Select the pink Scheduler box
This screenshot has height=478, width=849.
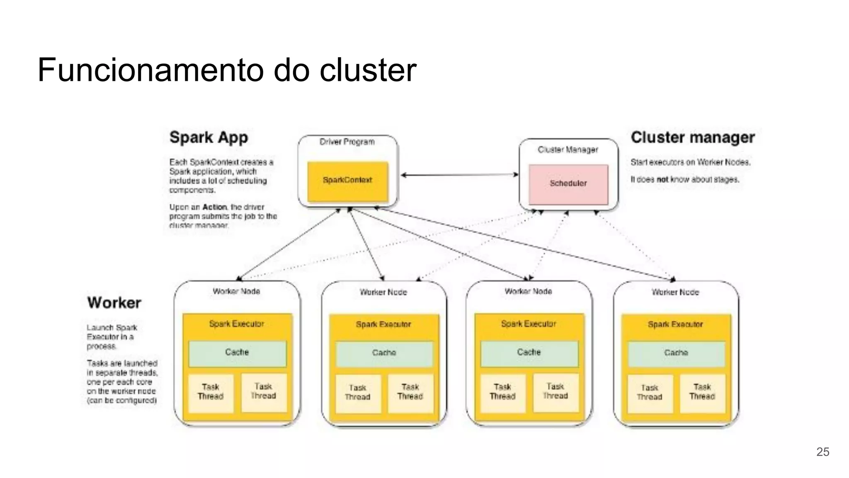[x=568, y=184]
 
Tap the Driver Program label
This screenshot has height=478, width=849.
[x=347, y=142]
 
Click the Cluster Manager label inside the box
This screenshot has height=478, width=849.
[x=568, y=149]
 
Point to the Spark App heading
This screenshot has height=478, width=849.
[x=209, y=137]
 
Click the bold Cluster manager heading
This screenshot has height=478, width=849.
[x=692, y=137]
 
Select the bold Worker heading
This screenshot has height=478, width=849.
[x=114, y=302]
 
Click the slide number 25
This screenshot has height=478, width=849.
[x=822, y=452]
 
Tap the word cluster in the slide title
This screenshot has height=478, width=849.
[x=368, y=70]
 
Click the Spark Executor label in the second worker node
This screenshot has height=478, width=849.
[x=383, y=324]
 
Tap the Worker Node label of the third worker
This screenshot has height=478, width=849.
[x=528, y=292]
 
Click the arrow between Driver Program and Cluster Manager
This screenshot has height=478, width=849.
[x=459, y=175]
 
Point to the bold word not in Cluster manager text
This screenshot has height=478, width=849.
[x=662, y=180]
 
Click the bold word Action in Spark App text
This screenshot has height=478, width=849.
[x=214, y=207]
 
